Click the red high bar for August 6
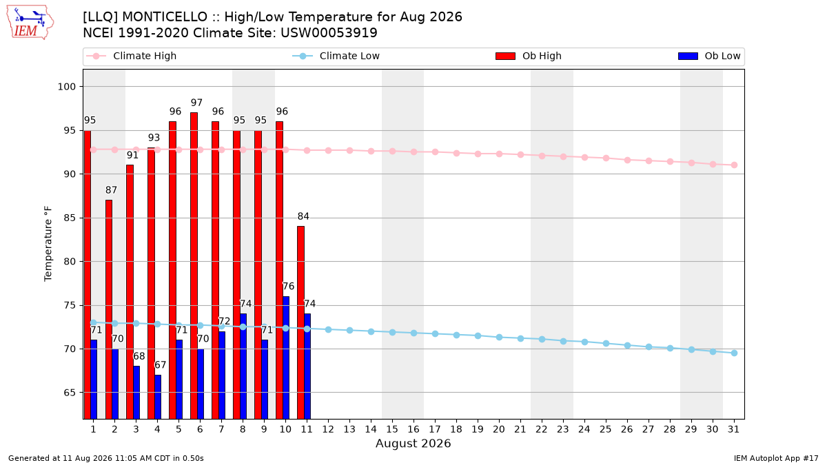pos(194,266)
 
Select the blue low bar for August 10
pos(286,358)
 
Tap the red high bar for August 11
pos(301,322)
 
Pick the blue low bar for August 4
pos(158,397)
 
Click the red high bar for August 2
pos(109,309)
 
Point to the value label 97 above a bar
pos(197,103)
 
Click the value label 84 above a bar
pos(303,216)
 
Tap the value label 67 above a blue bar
pos(160,365)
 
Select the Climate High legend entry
pos(131,56)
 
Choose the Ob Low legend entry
pos(709,56)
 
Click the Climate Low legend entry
pos(336,56)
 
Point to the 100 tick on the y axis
pos(67,87)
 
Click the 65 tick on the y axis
pos(70,393)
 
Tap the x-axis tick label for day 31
pos(733,430)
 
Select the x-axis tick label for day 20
pos(499,430)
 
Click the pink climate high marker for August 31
pos(734,165)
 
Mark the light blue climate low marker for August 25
pos(606,343)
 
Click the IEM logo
pos(30,22)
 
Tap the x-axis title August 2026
pos(413,444)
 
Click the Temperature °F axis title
pos(48,244)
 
